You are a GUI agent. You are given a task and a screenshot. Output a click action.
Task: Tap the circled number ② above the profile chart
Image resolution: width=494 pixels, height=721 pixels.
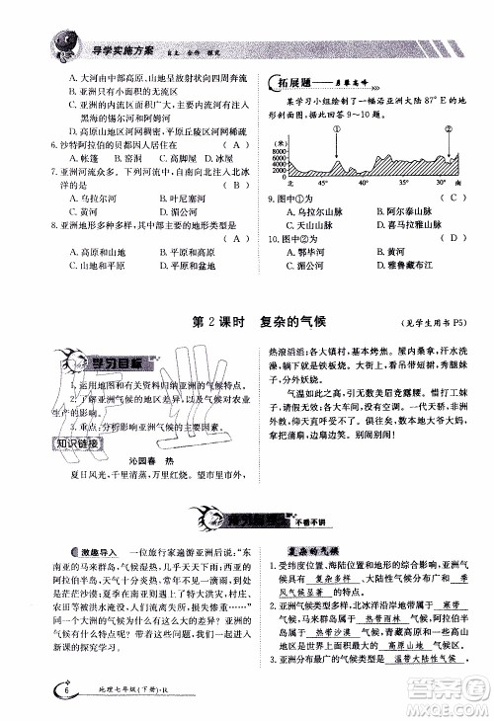[x=447, y=129]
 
